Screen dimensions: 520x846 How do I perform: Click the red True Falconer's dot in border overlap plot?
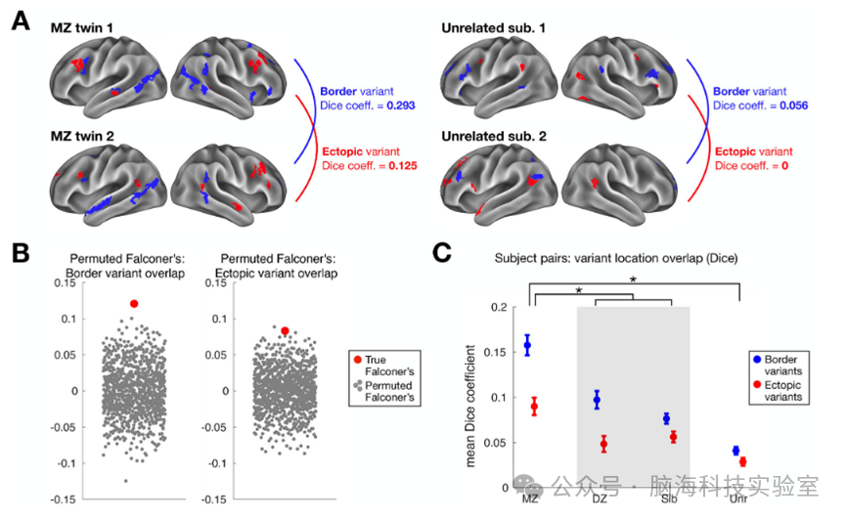(134, 304)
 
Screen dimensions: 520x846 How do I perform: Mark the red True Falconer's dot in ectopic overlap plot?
(285, 331)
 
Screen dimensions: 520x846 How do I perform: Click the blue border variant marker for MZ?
(527, 345)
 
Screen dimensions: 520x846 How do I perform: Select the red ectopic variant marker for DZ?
(603, 444)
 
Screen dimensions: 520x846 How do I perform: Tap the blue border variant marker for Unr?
(735, 451)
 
